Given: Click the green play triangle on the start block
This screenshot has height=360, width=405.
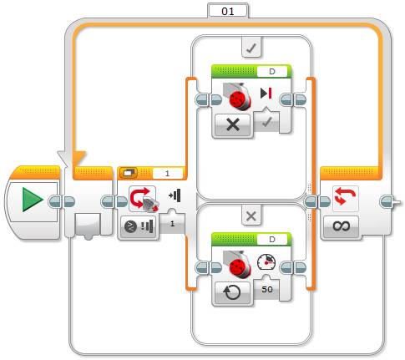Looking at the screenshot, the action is pyautogui.click(x=33, y=200).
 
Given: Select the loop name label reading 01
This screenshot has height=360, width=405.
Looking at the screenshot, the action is pyautogui.click(x=228, y=11).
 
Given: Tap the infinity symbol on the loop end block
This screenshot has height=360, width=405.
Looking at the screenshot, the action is pyautogui.click(x=342, y=226).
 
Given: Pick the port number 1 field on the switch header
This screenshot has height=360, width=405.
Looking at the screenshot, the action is pyautogui.click(x=167, y=174).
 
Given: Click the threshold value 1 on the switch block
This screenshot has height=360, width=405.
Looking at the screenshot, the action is pyautogui.click(x=172, y=224).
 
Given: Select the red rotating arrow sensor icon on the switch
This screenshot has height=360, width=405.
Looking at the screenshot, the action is pyautogui.click(x=144, y=199).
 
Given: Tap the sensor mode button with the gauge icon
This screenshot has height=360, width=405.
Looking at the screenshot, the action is pyautogui.click(x=139, y=226).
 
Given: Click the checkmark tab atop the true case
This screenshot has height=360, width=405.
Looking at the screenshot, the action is pyautogui.click(x=251, y=48).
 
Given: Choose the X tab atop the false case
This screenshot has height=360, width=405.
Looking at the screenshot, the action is pyautogui.click(x=251, y=215).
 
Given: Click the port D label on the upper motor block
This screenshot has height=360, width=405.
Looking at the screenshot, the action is pyautogui.click(x=272, y=72).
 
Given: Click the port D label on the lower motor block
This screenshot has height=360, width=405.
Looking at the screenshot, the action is pyautogui.click(x=272, y=239).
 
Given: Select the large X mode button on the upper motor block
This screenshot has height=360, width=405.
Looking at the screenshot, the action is pyautogui.click(x=233, y=124).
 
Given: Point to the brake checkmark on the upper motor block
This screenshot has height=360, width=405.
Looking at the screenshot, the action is pyautogui.click(x=266, y=122).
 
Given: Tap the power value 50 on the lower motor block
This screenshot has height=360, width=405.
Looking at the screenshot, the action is pyautogui.click(x=267, y=289).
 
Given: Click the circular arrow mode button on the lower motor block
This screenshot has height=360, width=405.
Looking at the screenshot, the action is pyautogui.click(x=233, y=292).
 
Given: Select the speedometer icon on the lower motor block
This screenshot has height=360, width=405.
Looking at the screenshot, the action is pyautogui.click(x=266, y=261).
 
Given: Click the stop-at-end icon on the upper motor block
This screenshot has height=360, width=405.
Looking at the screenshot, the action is pyautogui.click(x=266, y=93).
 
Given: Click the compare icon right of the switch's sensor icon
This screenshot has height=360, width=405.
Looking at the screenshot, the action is pyautogui.click(x=175, y=195).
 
